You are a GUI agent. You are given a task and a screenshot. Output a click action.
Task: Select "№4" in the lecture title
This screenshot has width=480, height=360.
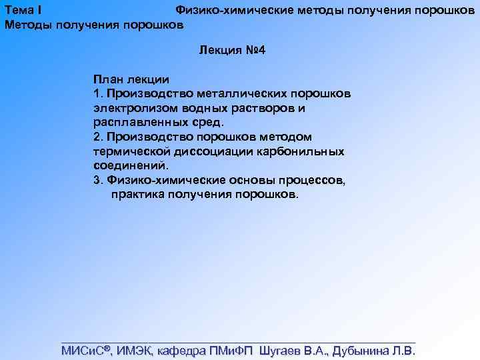[256, 51]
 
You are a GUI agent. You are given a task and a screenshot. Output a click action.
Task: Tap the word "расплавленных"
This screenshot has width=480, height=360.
[140, 122]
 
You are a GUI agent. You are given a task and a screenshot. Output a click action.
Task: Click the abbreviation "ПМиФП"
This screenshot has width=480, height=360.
[230, 351]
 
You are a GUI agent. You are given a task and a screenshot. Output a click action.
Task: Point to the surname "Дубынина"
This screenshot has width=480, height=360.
[360, 351]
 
